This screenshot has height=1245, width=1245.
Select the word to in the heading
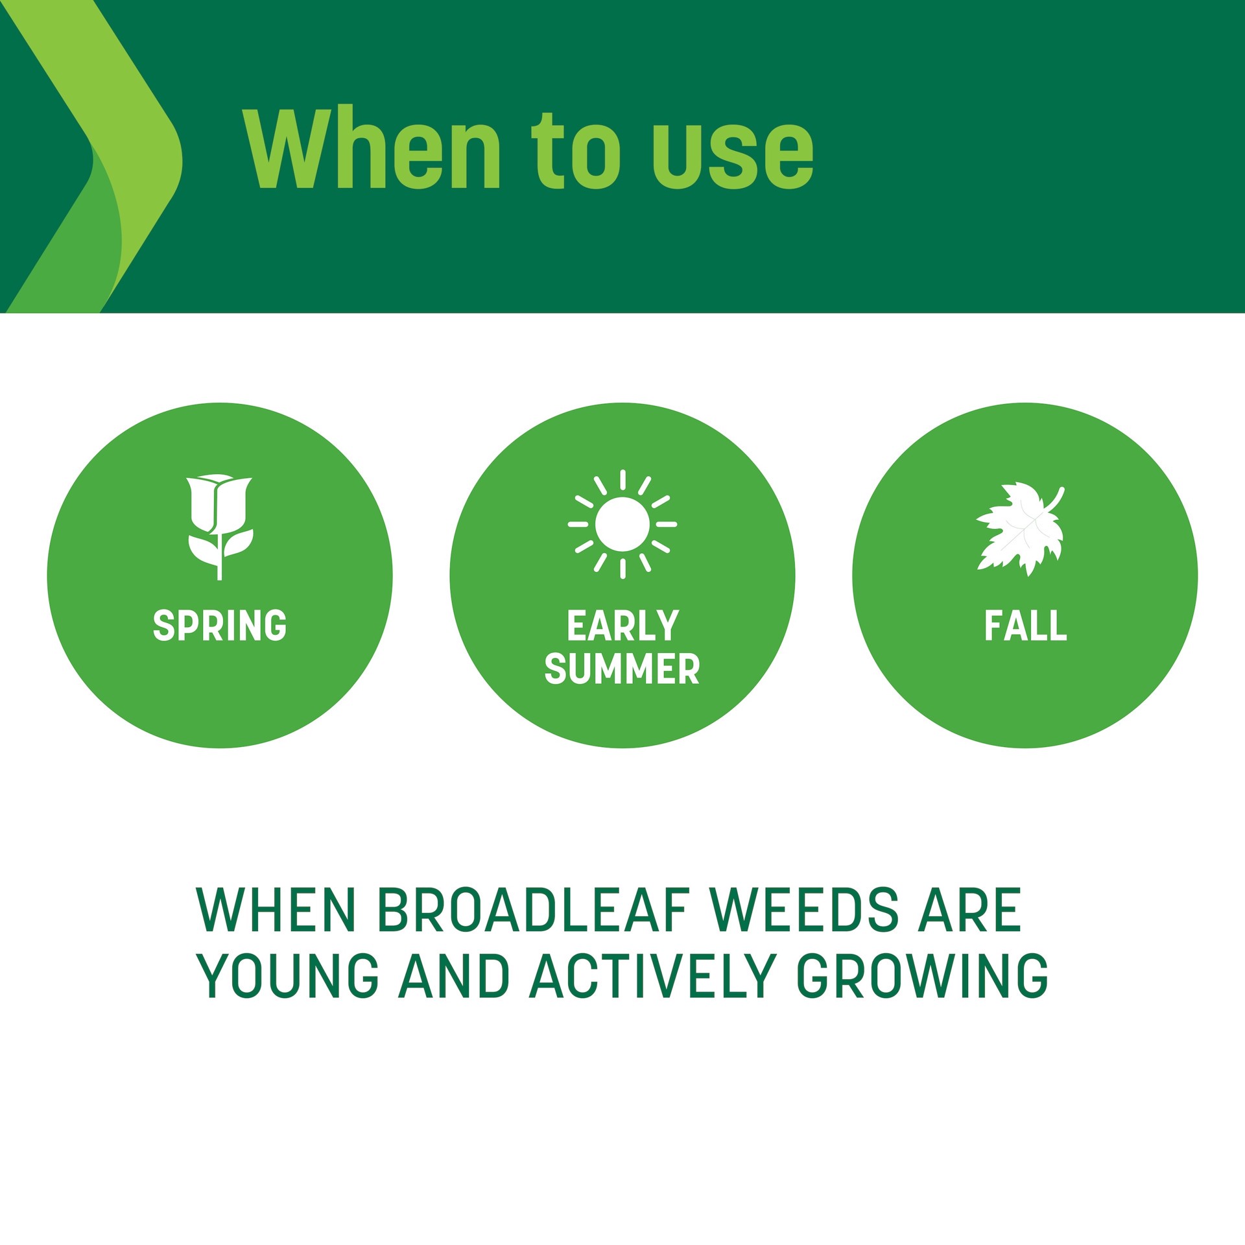tap(576, 152)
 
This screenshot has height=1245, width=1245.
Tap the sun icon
tap(622, 524)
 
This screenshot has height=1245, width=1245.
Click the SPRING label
tap(220, 626)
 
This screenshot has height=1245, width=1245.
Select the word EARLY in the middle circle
tap(622, 626)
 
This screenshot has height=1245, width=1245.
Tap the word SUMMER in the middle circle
tap(622, 669)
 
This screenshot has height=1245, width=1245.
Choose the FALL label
tap(1025, 626)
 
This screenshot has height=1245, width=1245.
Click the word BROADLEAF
tap(532, 910)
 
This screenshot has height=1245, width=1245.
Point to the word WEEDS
tap(805, 910)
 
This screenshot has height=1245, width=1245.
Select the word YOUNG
tap(288, 976)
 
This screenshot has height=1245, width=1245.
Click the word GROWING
tap(922, 976)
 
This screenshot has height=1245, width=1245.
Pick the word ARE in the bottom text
tap(969, 910)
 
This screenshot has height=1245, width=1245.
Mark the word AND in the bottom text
tap(455, 976)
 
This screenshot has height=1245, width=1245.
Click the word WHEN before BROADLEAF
tap(276, 910)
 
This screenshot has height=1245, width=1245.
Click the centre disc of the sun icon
tap(622, 524)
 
